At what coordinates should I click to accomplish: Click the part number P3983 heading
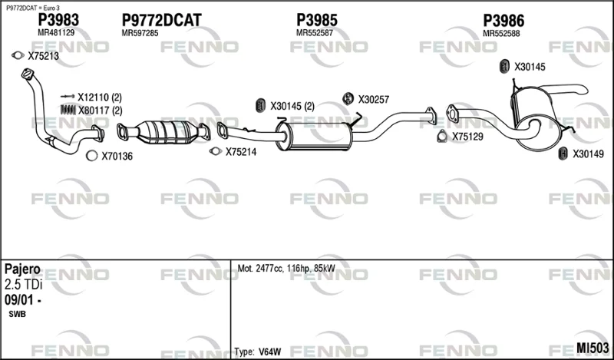(x=58, y=20)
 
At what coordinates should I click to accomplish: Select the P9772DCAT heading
(x=161, y=20)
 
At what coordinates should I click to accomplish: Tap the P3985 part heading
(x=317, y=20)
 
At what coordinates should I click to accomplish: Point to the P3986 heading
(x=503, y=21)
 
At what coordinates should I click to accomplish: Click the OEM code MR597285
(x=140, y=33)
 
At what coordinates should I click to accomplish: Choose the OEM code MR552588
(x=501, y=34)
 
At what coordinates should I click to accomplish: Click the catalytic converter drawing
(x=163, y=131)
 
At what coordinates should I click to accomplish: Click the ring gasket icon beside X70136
(x=91, y=156)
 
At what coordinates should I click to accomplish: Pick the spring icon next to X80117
(x=68, y=110)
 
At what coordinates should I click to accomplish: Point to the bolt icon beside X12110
(x=68, y=97)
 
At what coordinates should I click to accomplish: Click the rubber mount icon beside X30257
(x=348, y=99)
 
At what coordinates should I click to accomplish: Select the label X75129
(x=467, y=137)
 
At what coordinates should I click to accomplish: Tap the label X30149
(x=588, y=154)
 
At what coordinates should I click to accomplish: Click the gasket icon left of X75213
(x=18, y=55)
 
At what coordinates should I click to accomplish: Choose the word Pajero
(x=22, y=269)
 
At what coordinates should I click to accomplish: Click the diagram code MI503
(x=593, y=348)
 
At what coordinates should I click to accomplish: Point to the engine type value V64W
(x=270, y=352)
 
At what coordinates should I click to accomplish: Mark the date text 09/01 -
(x=23, y=299)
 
